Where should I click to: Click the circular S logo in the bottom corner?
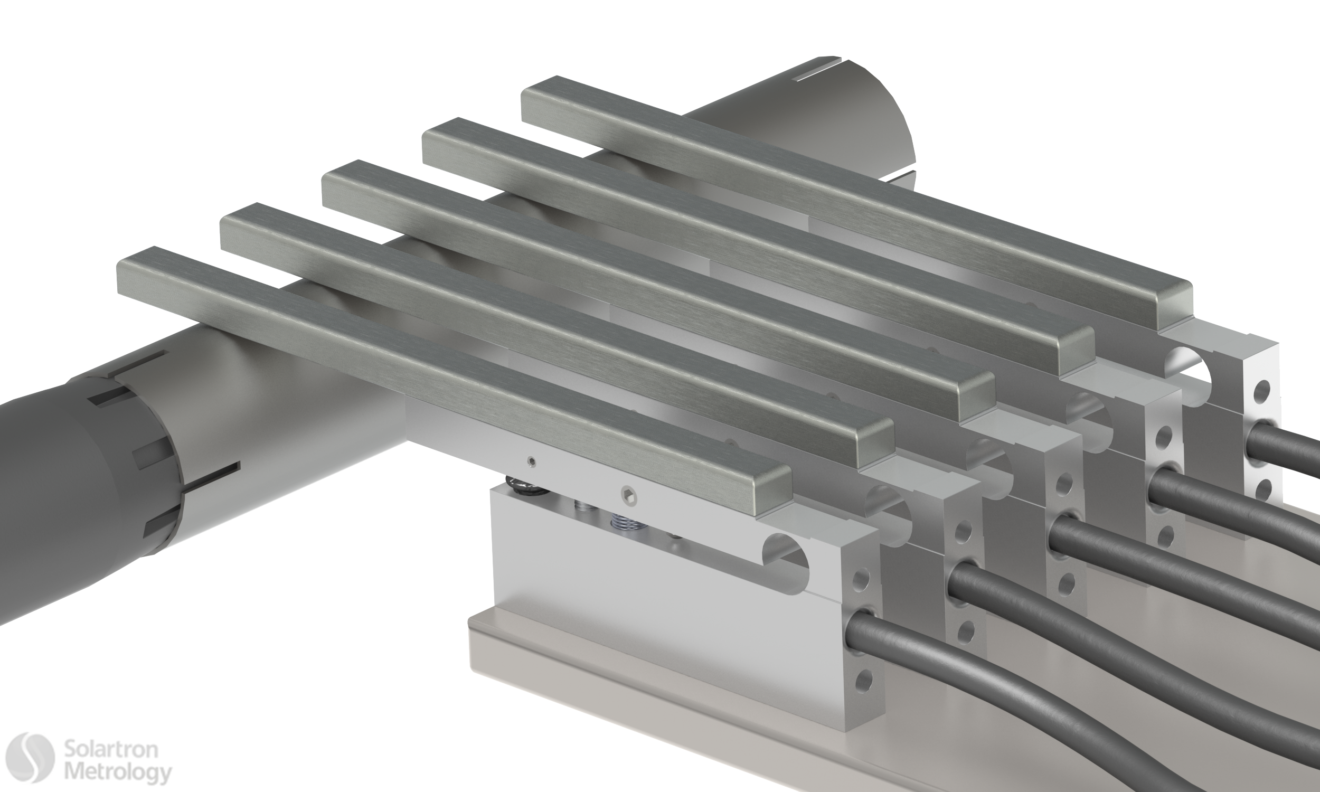point(30,757)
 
